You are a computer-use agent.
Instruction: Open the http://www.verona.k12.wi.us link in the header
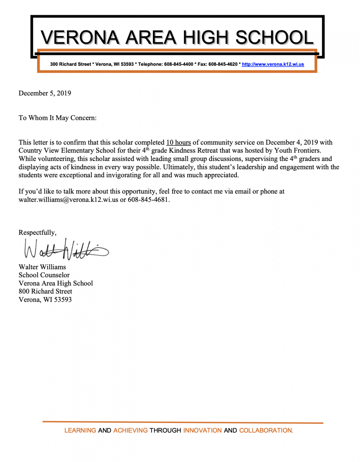[273, 64]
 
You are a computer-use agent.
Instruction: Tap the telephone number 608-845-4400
[179, 64]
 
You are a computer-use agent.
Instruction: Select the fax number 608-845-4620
[223, 64]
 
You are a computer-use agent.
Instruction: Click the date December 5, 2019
[45, 93]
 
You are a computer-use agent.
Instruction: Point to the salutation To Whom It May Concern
[57, 118]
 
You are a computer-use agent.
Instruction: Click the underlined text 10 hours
[178, 143]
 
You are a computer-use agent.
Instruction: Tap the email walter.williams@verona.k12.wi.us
[68, 200]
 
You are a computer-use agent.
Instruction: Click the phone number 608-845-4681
[148, 200]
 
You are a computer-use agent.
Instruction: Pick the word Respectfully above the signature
[37, 233]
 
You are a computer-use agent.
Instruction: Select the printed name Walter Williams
[42, 267]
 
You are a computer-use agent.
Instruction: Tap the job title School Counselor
[44, 275]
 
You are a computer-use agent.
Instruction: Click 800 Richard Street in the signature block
[45, 291]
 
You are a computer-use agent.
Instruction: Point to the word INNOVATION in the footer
[202, 430]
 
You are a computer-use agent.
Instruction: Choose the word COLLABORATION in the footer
[266, 430]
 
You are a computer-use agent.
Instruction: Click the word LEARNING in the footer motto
[80, 430]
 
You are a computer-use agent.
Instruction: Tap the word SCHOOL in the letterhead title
[274, 38]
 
